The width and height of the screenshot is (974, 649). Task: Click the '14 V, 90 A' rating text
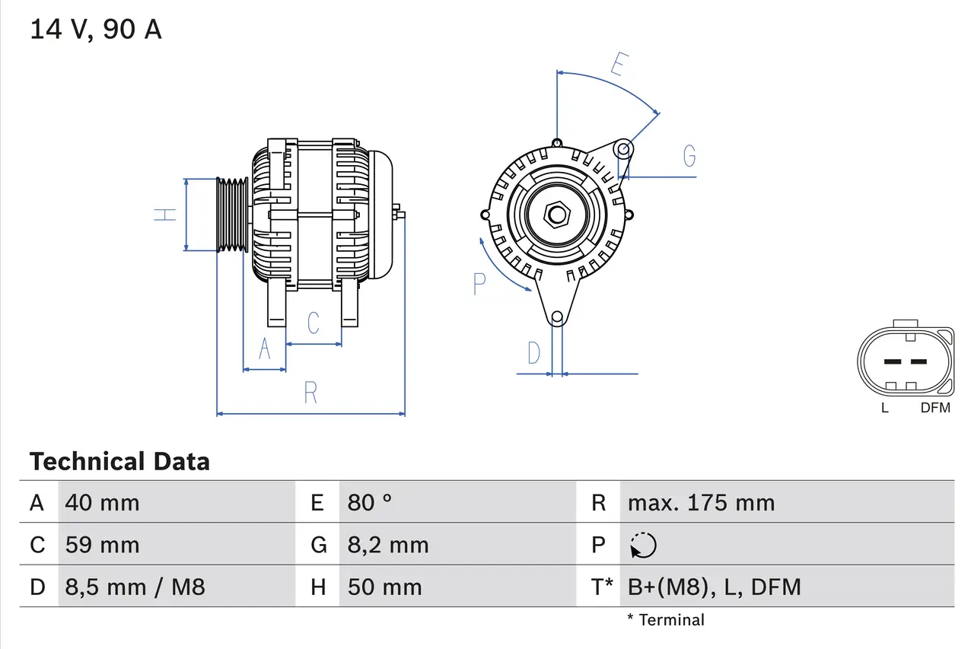click(96, 30)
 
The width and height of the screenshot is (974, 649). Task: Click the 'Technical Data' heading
click(119, 461)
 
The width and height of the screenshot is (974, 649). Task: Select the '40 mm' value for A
click(103, 502)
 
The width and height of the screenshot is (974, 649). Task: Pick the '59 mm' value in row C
click(103, 545)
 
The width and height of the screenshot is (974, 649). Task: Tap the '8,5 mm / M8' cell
click(135, 587)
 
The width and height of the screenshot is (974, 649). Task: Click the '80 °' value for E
click(370, 502)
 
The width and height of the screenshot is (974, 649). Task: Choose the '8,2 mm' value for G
click(388, 545)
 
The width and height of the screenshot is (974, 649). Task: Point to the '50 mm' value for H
click(384, 587)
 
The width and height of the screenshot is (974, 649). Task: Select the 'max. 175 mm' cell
click(701, 502)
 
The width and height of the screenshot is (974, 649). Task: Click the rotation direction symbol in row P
click(643, 545)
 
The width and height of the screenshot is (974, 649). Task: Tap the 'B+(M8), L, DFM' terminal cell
click(714, 587)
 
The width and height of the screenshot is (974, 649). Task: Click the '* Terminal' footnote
click(666, 620)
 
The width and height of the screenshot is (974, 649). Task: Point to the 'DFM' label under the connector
click(935, 408)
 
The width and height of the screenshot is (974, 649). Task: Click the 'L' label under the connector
click(884, 408)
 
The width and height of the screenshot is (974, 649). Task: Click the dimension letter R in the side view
click(310, 393)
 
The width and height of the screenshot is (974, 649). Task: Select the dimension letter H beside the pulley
click(165, 215)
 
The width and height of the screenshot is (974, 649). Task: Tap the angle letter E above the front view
click(617, 66)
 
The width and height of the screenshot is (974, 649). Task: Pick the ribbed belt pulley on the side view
click(232, 215)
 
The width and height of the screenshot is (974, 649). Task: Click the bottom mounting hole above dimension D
click(557, 317)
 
